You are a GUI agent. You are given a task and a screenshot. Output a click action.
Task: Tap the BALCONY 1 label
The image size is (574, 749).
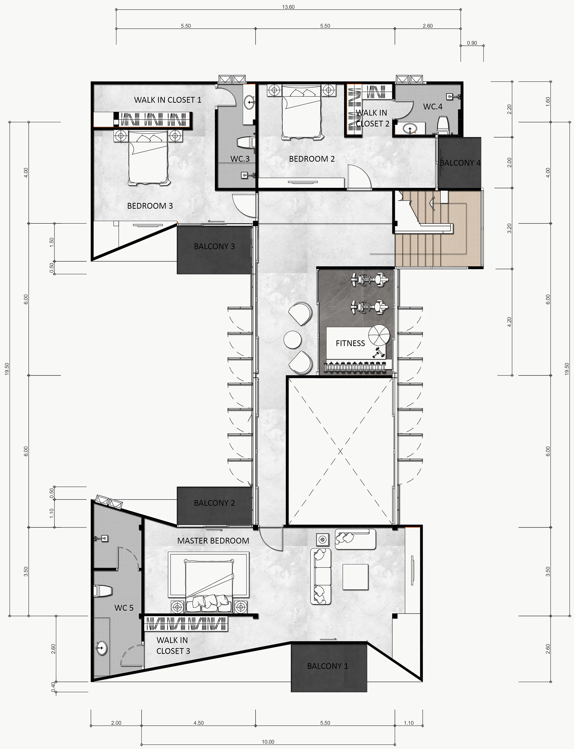pyautogui.click(x=328, y=666)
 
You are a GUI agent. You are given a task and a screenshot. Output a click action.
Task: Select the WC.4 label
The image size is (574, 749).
pyautogui.click(x=433, y=107)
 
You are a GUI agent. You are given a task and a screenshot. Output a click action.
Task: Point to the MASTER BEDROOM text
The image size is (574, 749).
pyautogui.click(x=213, y=541)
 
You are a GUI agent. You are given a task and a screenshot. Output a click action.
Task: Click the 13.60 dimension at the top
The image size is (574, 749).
pyautogui.click(x=288, y=7)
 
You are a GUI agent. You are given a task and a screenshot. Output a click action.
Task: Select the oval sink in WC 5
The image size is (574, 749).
pyautogui.click(x=101, y=648)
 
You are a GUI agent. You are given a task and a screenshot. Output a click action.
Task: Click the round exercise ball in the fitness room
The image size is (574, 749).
pyautogui.click(x=379, y=335)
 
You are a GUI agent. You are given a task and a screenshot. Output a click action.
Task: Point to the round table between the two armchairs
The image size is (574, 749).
pyautogui.click(x=292, y=340)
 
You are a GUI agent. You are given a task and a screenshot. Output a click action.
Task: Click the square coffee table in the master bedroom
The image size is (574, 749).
pyautogui.click(x=356, y=577)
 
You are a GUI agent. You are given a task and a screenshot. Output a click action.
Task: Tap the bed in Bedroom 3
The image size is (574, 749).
pyautogui.click(x=149, y=159)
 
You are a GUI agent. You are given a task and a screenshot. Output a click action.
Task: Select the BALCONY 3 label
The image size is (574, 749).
pyautogui.click(x=214, y=246)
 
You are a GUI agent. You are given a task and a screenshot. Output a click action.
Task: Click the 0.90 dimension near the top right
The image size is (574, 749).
pyautogui.click(x=472, y=43)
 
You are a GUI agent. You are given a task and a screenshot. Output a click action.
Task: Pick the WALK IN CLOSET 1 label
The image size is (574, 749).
pyautogui.click(x=167, y=100)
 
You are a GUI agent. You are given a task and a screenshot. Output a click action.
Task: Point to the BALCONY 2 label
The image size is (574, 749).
pyautogui.click(x=214, y=503)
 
